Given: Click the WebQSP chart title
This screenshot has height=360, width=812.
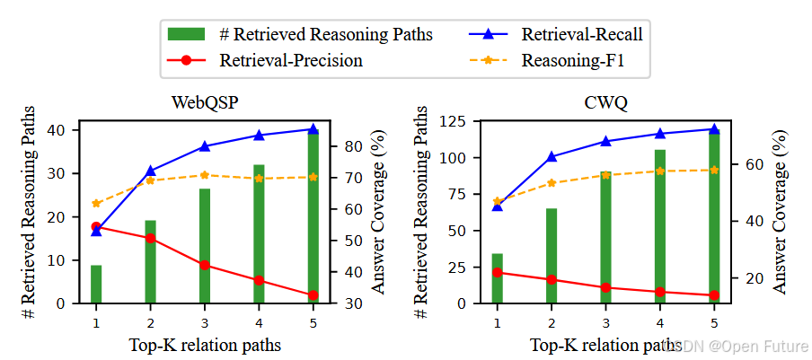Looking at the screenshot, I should pyautogui.click(x=204, y=102).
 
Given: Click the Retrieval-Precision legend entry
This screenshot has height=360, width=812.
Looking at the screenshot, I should pyautogui.click(x=290, y=61).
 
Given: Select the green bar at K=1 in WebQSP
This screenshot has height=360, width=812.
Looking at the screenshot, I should pyautogui.click(x=96, y=284).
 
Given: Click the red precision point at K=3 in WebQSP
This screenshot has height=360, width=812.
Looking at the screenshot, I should pyautogui.click(x=205, y=265).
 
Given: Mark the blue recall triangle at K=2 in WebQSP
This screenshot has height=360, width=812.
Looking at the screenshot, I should pyautogui.click(x=151, y=171).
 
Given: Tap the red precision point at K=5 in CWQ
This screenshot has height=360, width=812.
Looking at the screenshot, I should pyautogui.click(x=714, y=295).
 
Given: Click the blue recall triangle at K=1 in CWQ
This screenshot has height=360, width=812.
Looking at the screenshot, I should pyautogui.click(x=498, y=206).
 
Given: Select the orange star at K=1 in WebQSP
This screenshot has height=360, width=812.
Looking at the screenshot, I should pyautogui.click(x=96, y=203).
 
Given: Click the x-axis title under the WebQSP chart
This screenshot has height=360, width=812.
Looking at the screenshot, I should pyautogui.click(x=204, y=345).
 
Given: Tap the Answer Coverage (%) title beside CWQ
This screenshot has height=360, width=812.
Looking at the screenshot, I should pyautogui.click(x=780, y=211).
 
